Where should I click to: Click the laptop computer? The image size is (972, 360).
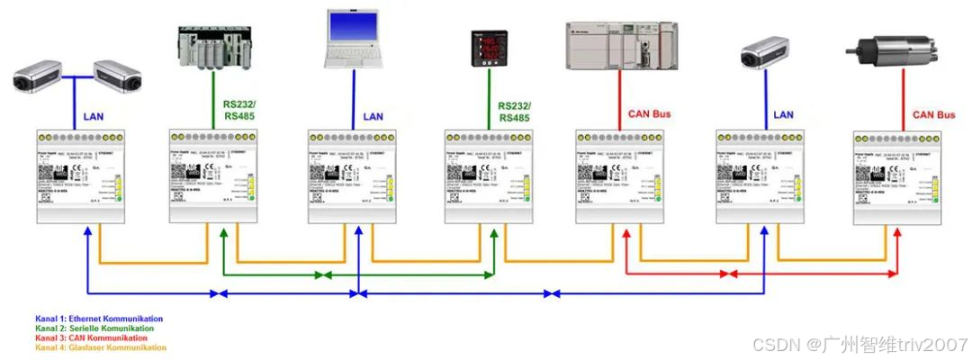pyautogui.click(x=353, y=40)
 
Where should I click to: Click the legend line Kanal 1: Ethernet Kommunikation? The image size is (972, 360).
pyautogui.click(x=99, y=319)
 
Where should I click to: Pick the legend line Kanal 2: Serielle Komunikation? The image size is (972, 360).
pyautogui.click(x=94, y=328)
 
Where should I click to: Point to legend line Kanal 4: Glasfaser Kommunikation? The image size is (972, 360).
pyautogui.click(x=102, y=347)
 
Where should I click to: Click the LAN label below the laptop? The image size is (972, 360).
pyautogui.click(x=373, y=117)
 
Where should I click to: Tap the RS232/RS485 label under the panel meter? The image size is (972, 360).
pyautogui.click(x=514, y=112)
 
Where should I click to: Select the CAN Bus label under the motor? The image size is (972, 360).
pyautogui.click(x=933, y=115)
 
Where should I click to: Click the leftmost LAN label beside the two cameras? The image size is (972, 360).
pyautogui.click(x=94, y=116)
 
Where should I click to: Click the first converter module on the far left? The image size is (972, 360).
pyautogui.click(x=82, y=175)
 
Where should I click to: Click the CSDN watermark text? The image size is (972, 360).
pyautogui.click(x=859, y=345)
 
